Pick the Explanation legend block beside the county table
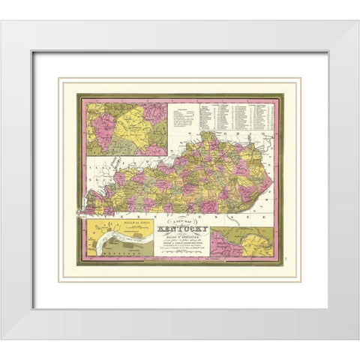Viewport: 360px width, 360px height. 181,114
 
